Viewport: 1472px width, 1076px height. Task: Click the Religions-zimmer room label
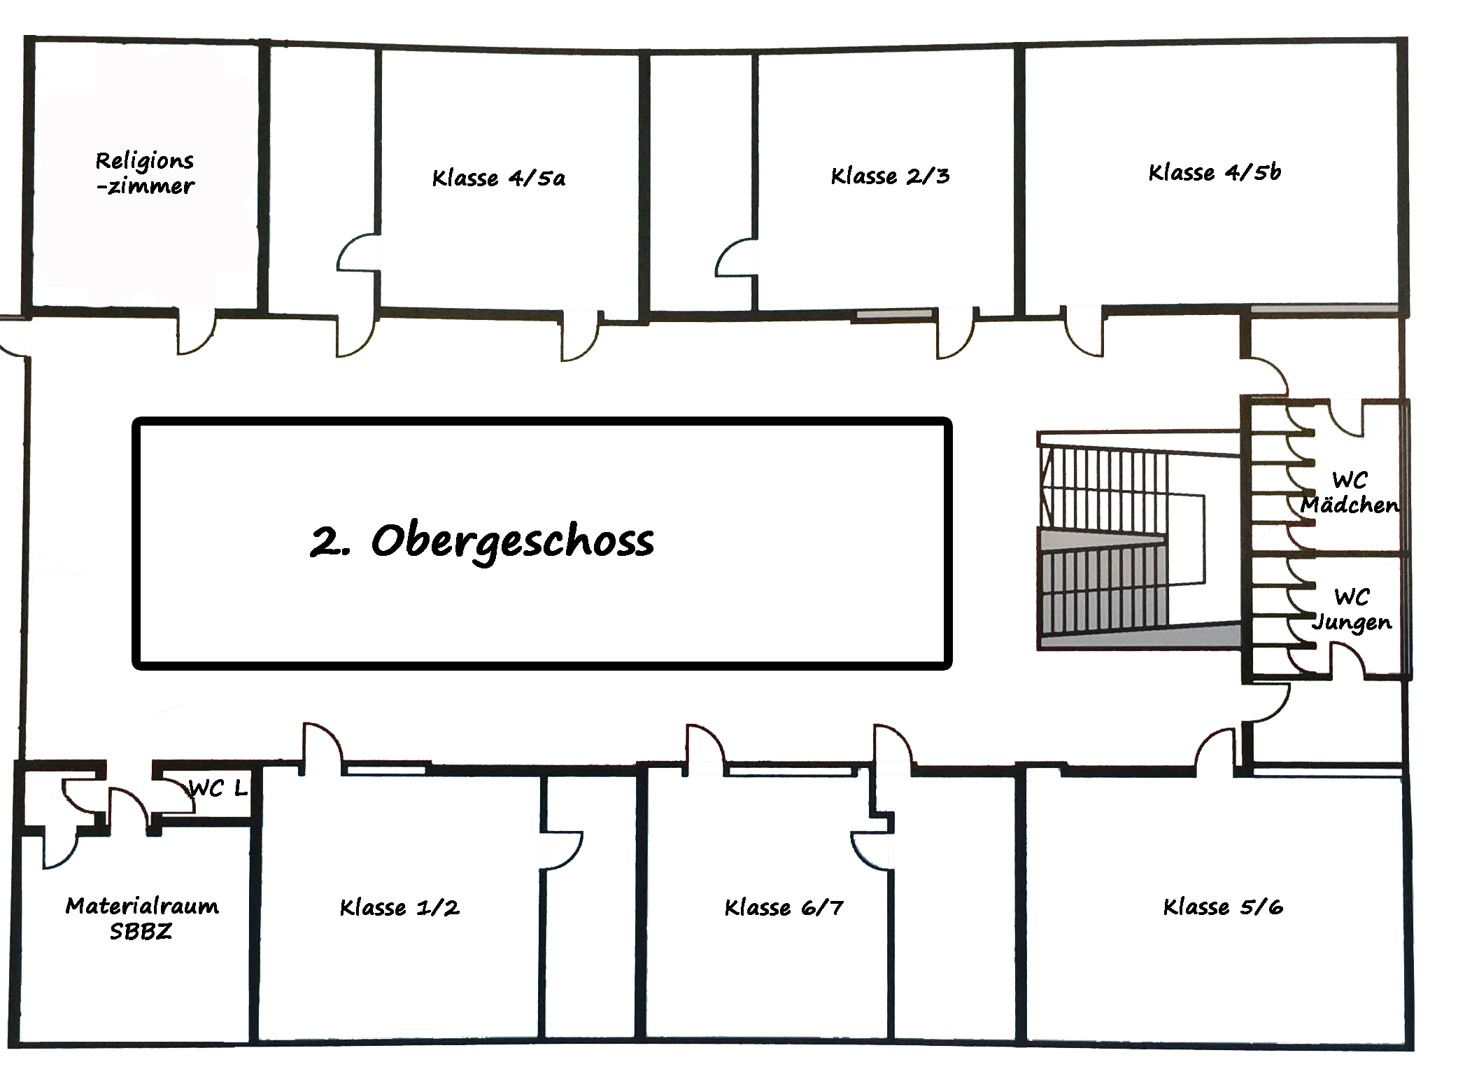[x=145, y=173]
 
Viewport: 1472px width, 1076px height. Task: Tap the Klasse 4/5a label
[x=498, y=178]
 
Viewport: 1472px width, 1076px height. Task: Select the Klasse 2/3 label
[x=890, y=176]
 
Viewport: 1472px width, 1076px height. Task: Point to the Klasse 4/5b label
[x=1215, y=172]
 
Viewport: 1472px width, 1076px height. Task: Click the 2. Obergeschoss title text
[x=482, y=541]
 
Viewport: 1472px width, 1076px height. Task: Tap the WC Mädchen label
[x=1350, y=493]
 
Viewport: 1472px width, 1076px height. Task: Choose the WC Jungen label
[x=1352, y=610]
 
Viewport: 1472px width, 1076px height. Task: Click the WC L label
[x=218, y=789]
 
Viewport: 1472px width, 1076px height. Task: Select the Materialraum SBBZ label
[x=142, y=918]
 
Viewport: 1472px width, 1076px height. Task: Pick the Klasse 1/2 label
[x=399, y=907]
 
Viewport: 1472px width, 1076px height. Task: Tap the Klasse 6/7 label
[x=784, y=907]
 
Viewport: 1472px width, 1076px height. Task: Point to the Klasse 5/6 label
[x=1223, y=907]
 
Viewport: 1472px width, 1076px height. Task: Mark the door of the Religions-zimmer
[x=195, y=332]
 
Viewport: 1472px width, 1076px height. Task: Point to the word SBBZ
[x=141, y=932]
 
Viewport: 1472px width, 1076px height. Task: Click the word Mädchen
[x=1350, y=505]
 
